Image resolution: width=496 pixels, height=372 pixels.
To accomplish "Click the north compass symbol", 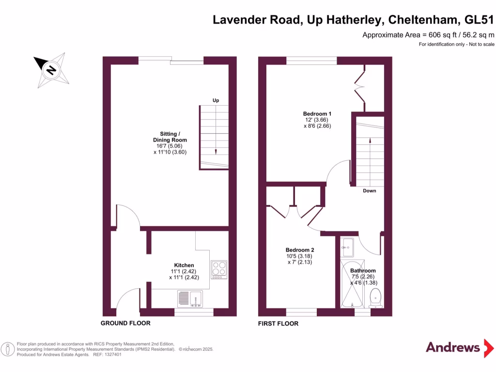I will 51,70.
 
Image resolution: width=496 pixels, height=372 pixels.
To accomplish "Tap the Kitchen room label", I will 184,265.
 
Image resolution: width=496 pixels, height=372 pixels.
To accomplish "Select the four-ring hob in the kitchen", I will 219,268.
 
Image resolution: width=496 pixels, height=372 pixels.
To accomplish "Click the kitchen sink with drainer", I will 190,298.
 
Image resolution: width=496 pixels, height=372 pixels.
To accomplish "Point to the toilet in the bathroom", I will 375,297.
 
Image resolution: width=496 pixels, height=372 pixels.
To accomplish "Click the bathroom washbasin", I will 346,248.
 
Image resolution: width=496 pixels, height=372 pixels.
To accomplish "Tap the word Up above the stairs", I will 216,100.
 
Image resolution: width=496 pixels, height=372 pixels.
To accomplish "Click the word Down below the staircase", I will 370,191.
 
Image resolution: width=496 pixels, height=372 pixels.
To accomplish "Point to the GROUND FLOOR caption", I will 125,323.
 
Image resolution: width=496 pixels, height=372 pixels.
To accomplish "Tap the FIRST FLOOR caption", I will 279,323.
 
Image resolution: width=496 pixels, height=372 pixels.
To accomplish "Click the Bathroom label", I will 363,271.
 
